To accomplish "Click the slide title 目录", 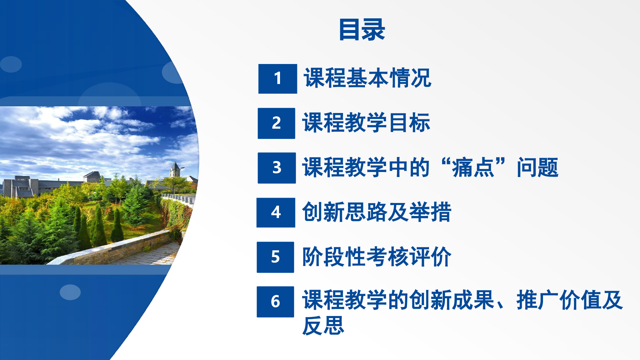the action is click(362, 30).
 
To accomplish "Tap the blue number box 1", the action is click(278, 79).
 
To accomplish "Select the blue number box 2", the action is click(276, 123).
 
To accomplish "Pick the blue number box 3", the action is click(277, 168).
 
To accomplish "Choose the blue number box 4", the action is click(276, 213).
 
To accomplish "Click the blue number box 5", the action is click(275, 257).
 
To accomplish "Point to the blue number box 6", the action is click(275, 302).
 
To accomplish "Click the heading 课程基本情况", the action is click(367, 78).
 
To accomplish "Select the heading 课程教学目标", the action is click(366, 123).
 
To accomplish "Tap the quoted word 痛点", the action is click(473, 167).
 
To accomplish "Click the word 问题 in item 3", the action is click(537, 167).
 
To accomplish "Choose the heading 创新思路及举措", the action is click(377, 212).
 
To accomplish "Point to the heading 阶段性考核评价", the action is click(377, 257).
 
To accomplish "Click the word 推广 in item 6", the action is click(537, 300).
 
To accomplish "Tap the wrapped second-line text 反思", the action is click(323, 325).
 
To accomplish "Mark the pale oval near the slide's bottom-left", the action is click(70, 292).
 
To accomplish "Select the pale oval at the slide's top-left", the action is click(11, 64).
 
